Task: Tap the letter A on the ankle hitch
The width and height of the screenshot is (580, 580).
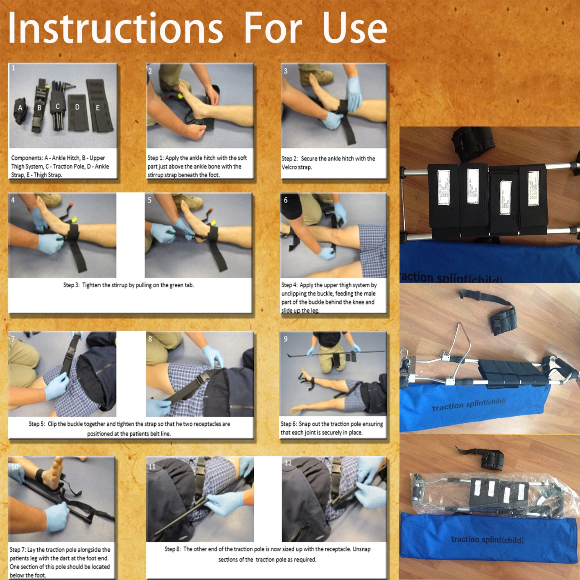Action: click(x=20, y=108)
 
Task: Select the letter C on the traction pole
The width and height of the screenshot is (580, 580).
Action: click(x=58, y=106)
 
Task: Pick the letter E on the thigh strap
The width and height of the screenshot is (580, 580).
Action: click(x=97, y=108)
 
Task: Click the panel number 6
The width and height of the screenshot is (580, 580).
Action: click(x=286, y=200)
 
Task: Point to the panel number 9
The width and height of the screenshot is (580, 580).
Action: click(x=286, y=339)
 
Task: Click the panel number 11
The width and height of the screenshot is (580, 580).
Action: click(x=152, y=466)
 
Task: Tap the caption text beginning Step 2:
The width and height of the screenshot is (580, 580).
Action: click(x=328, y=162)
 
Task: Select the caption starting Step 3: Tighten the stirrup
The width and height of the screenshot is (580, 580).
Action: click(x=129, y=285)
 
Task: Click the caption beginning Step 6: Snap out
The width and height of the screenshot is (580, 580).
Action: click(x=332, y=428)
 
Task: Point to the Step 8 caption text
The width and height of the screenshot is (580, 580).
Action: click(x=267, y=554)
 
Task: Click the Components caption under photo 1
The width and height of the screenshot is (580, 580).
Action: click(x=60, y=166)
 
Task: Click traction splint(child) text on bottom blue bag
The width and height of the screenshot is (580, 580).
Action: click(x=487, y=539)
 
